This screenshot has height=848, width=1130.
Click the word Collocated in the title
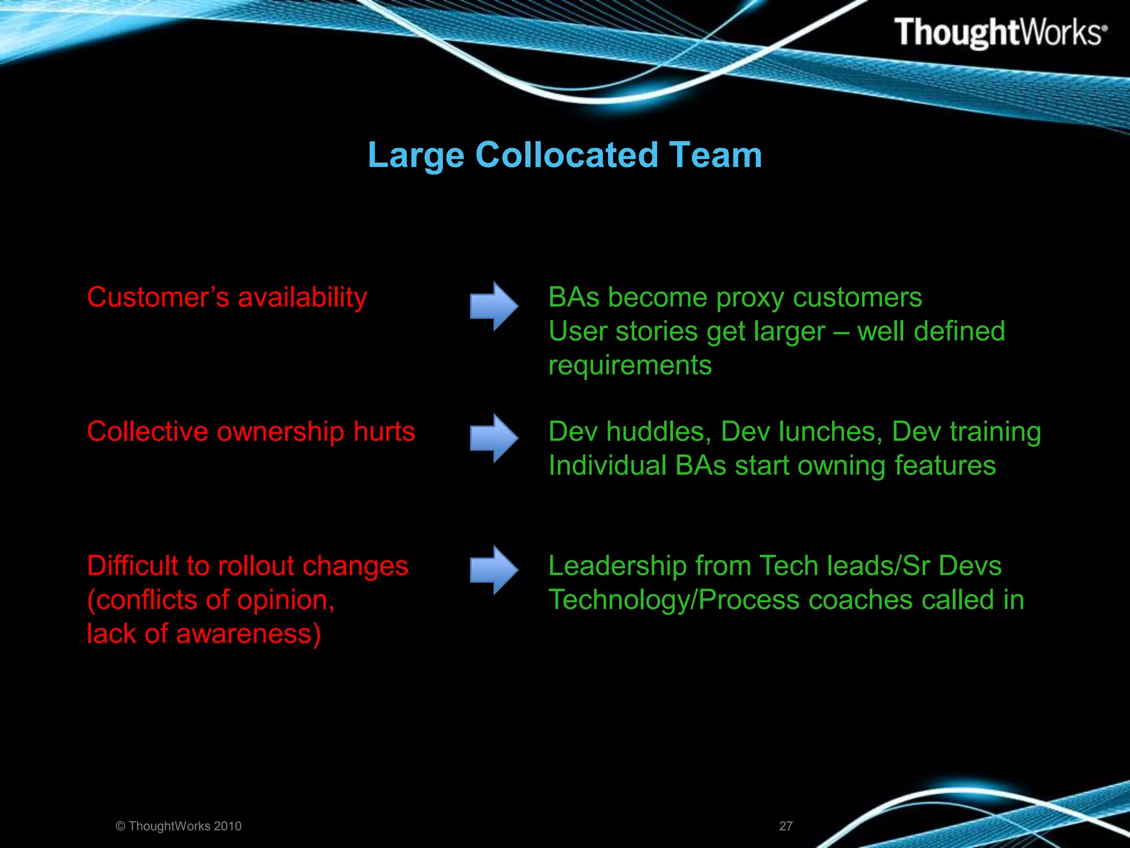coord(567,155)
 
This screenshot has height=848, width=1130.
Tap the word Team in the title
coord(715,155)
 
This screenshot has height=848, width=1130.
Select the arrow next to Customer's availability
coord(494,306)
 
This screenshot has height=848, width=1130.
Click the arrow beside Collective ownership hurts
coord(494,438)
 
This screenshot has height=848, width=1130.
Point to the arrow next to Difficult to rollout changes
coord(494,570)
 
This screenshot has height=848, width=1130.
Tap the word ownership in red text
coord(280,431)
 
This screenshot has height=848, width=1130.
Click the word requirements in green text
coord(630,365)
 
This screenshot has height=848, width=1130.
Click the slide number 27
coord(786,826)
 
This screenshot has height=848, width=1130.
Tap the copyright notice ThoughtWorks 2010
coord(179,826)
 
